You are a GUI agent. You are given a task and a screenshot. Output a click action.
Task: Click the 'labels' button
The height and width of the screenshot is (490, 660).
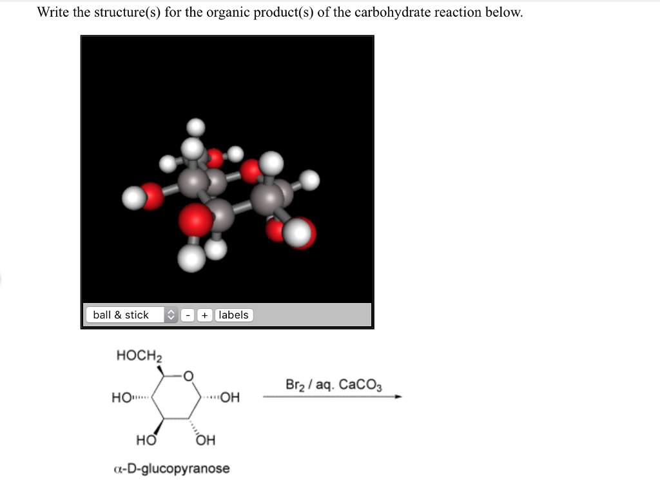[233, 315]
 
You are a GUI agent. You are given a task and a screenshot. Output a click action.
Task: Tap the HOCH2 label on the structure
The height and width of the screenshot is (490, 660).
[139, 356]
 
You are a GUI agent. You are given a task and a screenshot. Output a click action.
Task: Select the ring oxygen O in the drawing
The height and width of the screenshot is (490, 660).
[188, 376]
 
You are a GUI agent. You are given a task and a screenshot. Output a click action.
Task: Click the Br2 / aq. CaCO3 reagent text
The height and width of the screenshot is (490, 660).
[333, 386]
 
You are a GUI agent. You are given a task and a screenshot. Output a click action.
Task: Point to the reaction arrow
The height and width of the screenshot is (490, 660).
[332, 397]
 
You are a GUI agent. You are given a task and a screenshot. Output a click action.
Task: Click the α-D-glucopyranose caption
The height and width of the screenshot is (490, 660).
[171, 468]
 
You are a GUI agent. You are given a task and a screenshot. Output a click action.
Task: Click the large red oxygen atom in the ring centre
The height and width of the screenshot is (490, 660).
[196, 220]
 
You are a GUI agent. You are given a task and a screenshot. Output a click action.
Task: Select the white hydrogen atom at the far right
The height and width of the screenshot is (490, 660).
[310, 180]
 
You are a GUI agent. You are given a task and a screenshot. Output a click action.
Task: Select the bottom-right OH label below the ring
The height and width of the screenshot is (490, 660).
[206, 441]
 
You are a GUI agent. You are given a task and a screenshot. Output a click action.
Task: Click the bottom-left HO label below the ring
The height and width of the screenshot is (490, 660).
[146, 441]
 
